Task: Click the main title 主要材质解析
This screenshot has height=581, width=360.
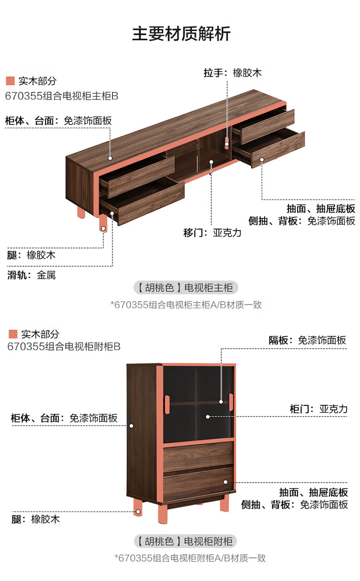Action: (181, 34)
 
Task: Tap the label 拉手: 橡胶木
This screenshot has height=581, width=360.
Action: (232, 73)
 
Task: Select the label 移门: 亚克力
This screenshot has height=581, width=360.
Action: (212, 233)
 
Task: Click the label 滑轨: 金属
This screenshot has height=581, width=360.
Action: (31, 275)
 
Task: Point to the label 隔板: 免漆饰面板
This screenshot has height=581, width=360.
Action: (307, 340)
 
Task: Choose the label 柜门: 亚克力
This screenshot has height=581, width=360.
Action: (318, 409)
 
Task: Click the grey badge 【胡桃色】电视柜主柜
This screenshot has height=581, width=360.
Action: (186, 287)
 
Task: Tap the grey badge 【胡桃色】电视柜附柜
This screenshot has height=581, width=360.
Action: (185, 541)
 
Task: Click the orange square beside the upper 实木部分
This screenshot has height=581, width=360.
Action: (10, 81)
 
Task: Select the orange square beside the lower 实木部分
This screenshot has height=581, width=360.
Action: (12, 334)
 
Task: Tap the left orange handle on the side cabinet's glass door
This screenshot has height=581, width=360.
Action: (167, 404)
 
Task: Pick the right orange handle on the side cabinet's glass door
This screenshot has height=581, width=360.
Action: (231, 403)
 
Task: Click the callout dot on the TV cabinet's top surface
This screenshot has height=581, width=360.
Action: (110, 158)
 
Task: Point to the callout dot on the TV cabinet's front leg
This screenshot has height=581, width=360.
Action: (103, 228)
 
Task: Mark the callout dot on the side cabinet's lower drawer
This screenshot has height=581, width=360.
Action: (226, 482)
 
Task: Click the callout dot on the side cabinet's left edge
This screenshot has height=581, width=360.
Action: (132, 426)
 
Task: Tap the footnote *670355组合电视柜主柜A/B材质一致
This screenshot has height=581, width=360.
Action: (186, 305)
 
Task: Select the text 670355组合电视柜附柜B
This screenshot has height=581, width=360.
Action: (64, 346)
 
